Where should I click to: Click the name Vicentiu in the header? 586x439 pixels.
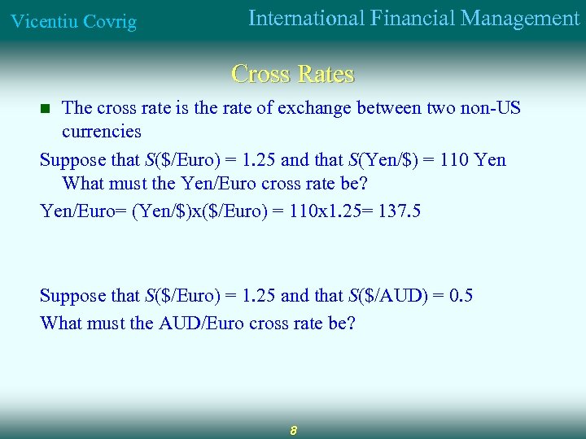(x=42, y=21)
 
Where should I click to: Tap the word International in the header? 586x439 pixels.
(x=306, y=18)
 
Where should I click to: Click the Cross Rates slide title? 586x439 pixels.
(x=293, y=74)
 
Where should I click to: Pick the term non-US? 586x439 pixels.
(x=491, y=107)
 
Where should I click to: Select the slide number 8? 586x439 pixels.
(x=293, y=430)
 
